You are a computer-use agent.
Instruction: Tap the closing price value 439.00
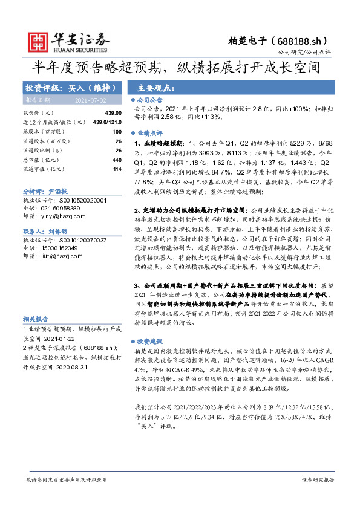coord(113,113)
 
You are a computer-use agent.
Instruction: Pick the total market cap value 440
coord(117,160)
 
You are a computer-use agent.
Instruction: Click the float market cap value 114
coord(117,169)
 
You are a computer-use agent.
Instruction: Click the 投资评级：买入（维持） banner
coord(67,87)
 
